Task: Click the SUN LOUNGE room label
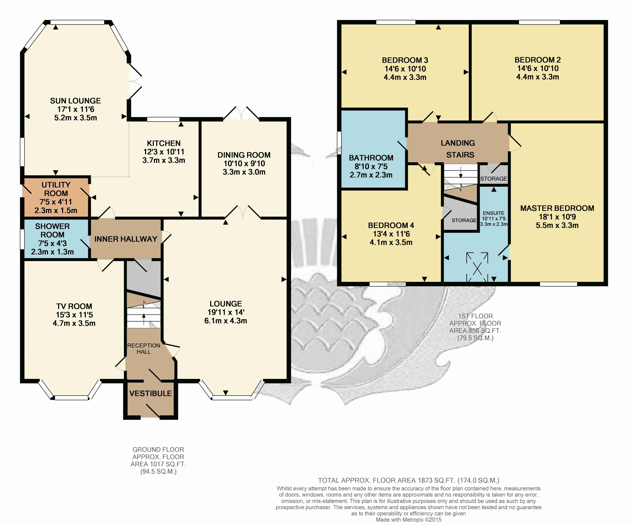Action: tap(75, 101)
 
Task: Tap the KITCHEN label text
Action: tap(164, 143)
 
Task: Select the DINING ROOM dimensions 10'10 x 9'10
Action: tap(244, 164)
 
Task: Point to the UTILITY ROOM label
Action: tap(56, 189)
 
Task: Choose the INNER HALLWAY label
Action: tap(126, 239)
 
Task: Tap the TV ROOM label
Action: tap(74, 306)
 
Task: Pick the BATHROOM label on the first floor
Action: tap(371, 158)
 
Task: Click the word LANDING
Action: tap(458, 143)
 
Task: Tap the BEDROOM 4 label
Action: tap(391, 226)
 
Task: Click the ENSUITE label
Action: tap(494, 213)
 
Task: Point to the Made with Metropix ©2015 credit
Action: tap(408, 520)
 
